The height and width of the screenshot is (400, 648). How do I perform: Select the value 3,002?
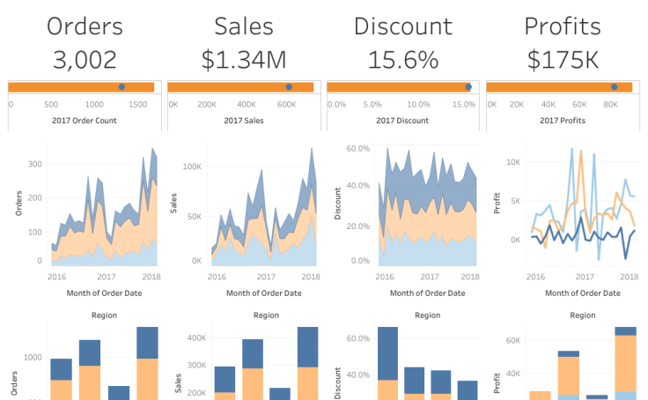click(84, 60)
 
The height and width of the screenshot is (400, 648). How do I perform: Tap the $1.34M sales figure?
click(244, 60)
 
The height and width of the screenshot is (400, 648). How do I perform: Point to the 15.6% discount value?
click(402, 60)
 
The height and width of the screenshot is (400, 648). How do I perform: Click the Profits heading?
click(562, 26)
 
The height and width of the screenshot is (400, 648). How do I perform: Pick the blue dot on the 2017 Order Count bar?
click(121, 86)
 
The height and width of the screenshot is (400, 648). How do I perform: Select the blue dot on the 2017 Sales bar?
click(289, 86)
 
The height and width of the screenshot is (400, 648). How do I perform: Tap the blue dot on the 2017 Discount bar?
click(468, 86)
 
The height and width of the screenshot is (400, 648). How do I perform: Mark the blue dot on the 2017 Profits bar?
click(615, 86)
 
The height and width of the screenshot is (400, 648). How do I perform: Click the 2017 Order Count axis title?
click(84, 120)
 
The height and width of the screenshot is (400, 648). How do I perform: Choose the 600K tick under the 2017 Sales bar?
click(286, 104)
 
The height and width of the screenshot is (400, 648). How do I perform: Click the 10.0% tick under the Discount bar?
click(419, 104)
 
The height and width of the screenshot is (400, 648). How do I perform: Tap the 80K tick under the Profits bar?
click(610, 104)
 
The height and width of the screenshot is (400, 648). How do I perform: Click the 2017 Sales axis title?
click(244, 120)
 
